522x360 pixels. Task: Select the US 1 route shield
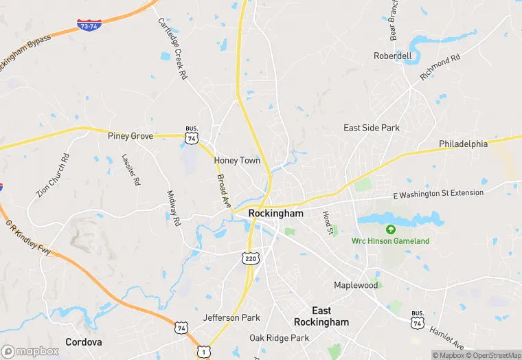click(x=203, y=351)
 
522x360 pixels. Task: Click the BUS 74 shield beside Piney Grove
click(x=192, y=135)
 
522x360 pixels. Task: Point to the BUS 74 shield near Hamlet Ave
click(x=417, y=319)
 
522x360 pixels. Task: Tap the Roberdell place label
click(x=393, y=56)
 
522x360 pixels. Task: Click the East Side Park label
click(x=372, y=128)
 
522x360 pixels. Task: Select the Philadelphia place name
click(x=463, y=144)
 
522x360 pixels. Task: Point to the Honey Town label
click(x=237, y=160)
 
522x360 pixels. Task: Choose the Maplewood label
click(x=356, y=284)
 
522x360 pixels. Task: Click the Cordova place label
click(x=84, y=341)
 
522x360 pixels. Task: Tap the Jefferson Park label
click(x=231, y=317)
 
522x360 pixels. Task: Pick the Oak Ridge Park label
click(x=280, y=338)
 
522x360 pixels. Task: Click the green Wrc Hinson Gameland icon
click(x=391, y=229)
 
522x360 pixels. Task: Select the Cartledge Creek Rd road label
click(x=172, y=48)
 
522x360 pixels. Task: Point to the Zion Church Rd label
click(x=53, y=175)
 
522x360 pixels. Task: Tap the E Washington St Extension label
click(x=438, y=194)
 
